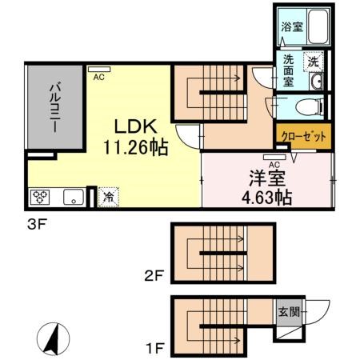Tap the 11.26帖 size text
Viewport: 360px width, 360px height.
click(x=134, y=148)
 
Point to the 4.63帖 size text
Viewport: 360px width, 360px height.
click(x=262, y=197)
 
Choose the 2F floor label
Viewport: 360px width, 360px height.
click(x=154, y=278)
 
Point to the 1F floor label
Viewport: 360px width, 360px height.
click(x=154, y=350)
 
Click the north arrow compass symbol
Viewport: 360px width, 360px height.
click(x=50, y=341)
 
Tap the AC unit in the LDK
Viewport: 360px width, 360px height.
click(x=99, y=70)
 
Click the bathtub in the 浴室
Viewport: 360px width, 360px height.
click(x=316, y=29)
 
